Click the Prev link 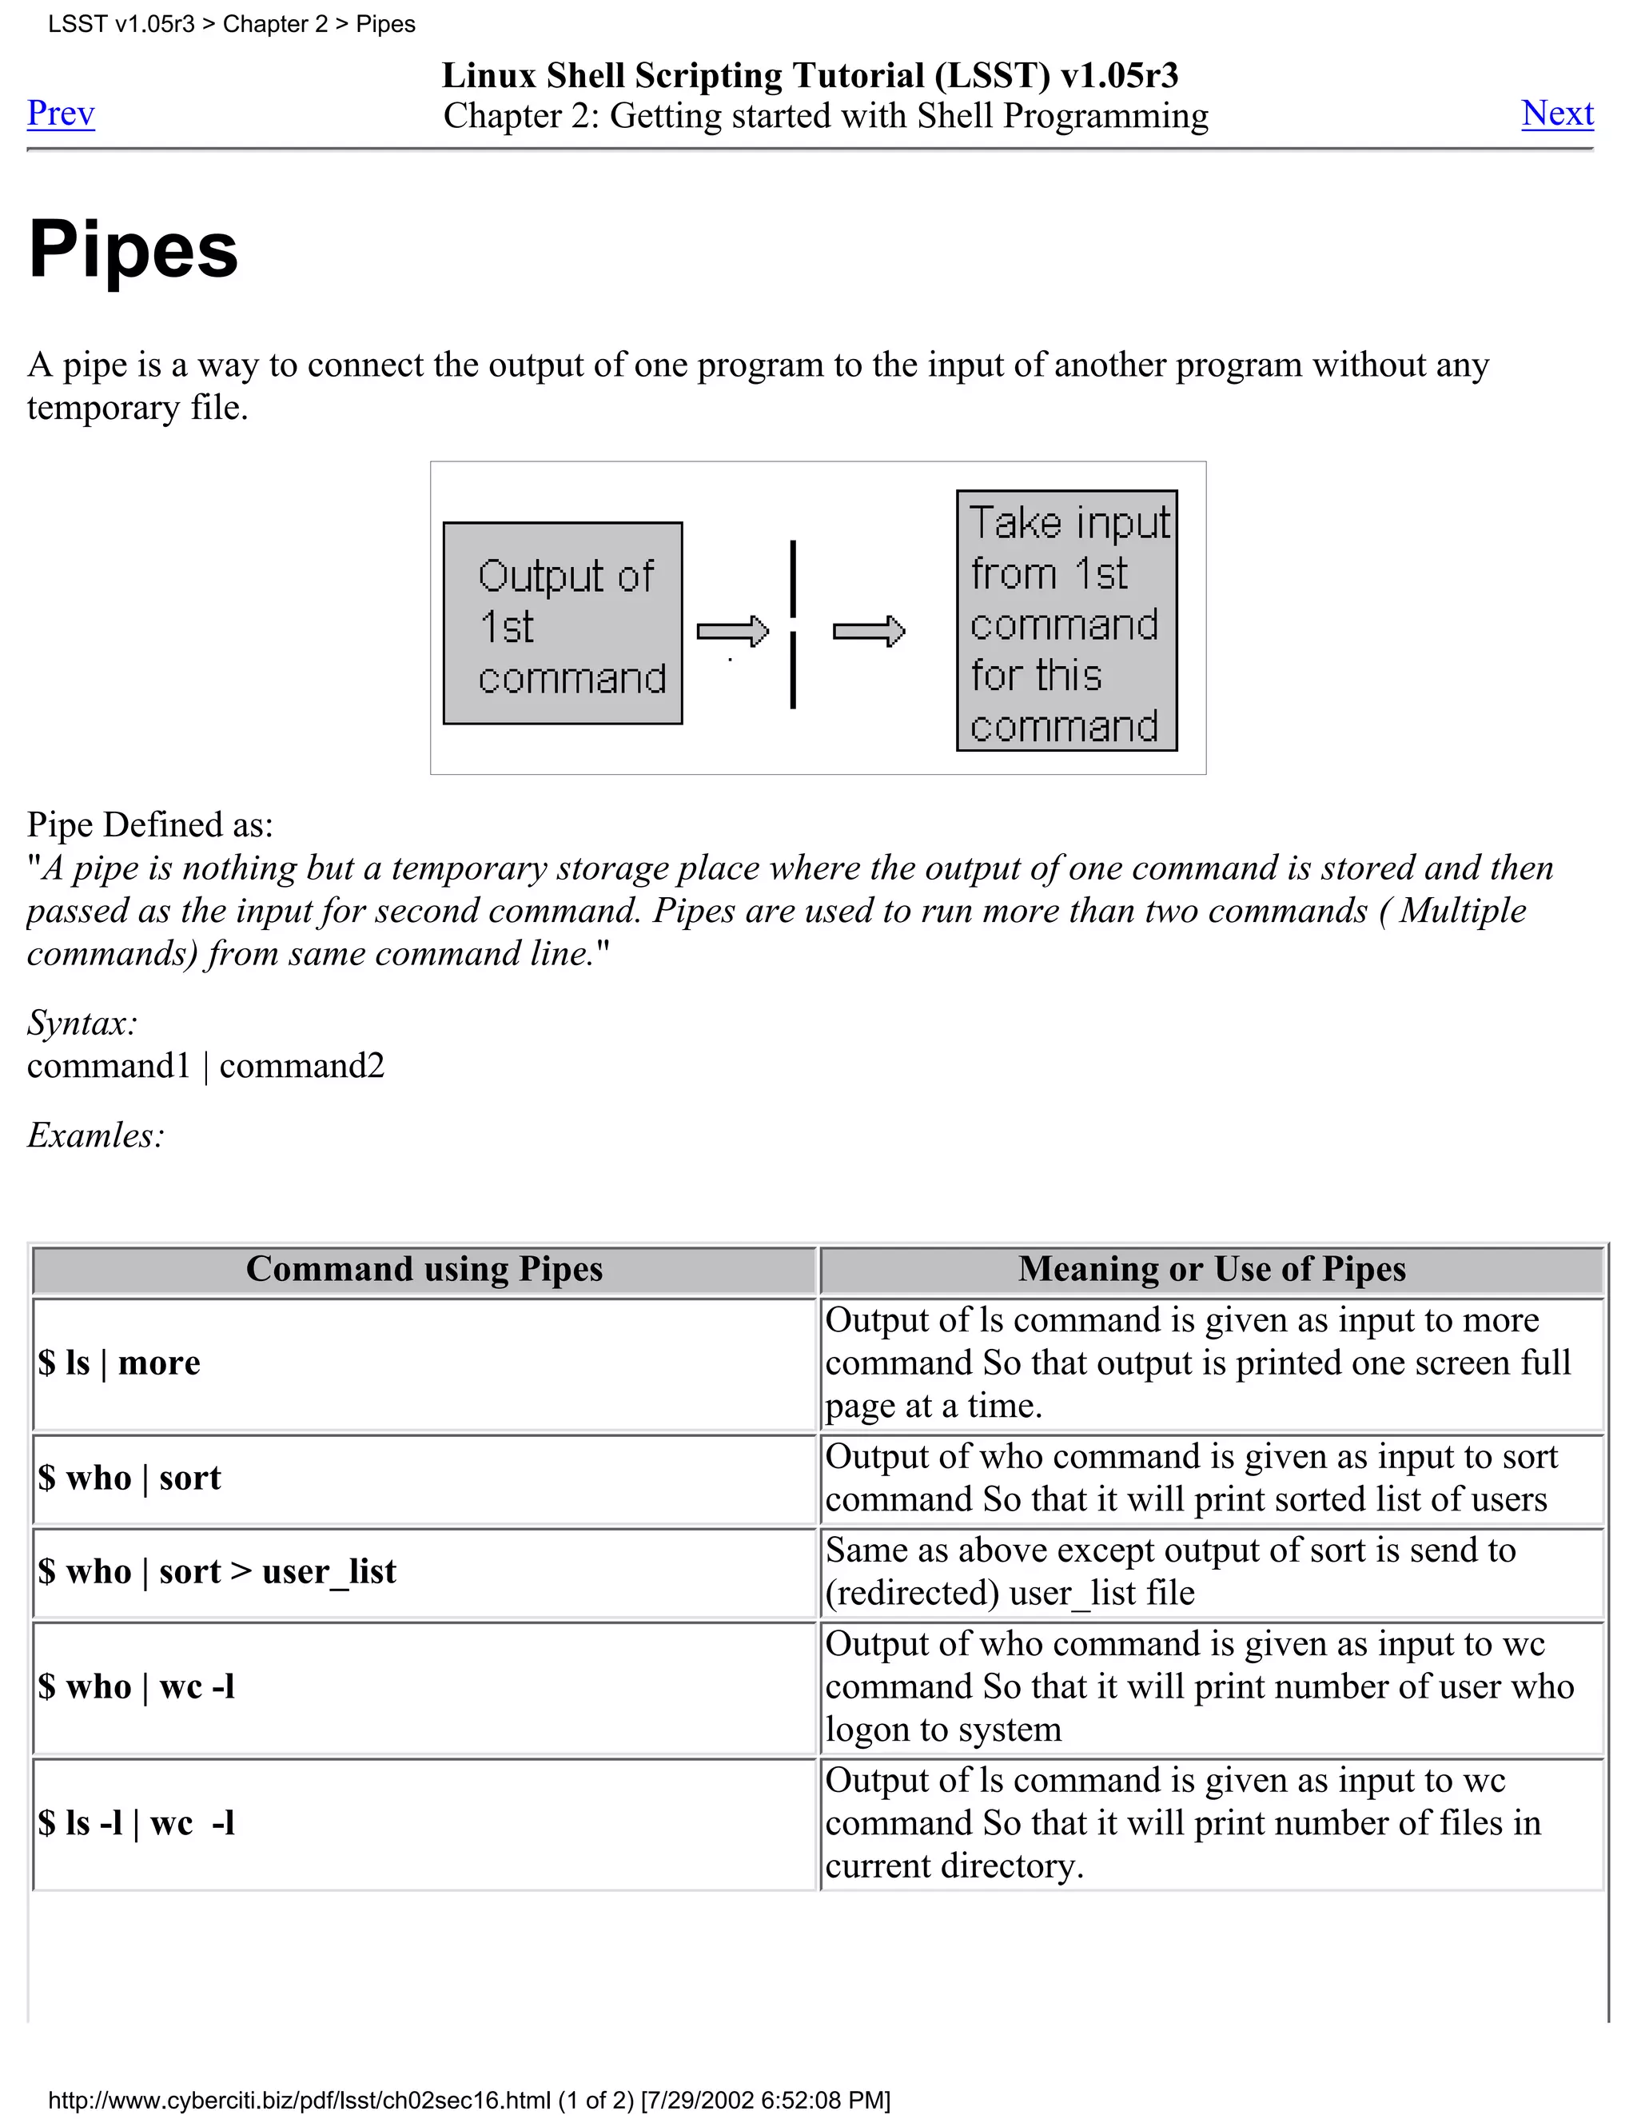pos(60,114)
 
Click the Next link pos(1556,114)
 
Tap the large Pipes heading pos(133,249)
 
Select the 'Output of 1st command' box pos(563,623)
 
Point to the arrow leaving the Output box pos(732,632)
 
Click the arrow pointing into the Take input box pos(868,632)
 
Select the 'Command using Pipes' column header pos(424,1269)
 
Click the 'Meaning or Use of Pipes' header pos(1211,1269)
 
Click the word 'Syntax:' pos(82,1023)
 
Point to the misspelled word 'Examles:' pos(95,1135)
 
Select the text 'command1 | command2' pos(205,1065)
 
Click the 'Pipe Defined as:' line pos(150,824)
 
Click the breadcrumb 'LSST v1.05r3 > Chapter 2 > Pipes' pos(231,24)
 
